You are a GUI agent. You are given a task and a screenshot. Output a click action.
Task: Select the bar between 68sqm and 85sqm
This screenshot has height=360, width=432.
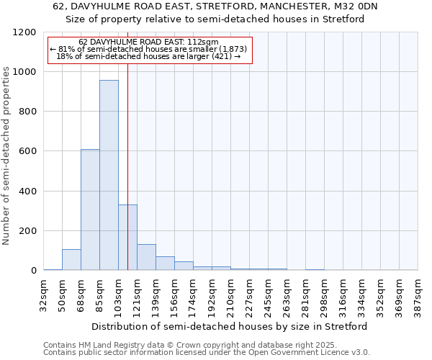90,210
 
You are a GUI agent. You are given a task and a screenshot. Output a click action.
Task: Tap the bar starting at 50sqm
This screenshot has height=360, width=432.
71,259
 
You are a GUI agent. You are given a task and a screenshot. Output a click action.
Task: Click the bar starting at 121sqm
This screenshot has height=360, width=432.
146,257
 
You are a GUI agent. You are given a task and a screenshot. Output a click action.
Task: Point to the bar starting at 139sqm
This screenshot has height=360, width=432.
165,263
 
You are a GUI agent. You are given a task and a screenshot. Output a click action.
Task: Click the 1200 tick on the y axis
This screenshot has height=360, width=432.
24,32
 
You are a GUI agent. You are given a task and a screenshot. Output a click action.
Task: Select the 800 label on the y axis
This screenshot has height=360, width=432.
27,112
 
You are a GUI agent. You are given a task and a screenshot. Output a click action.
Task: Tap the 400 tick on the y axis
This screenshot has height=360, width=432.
27,192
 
